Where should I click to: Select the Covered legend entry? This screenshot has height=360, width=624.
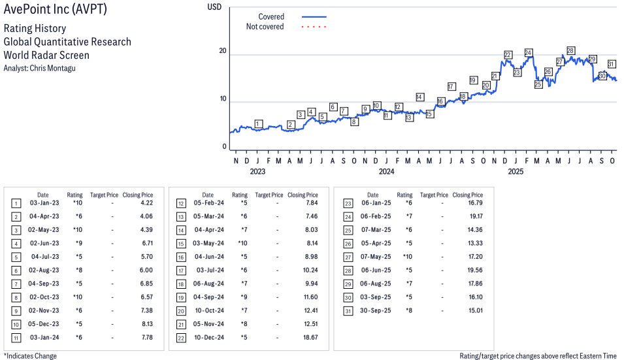tap(271, 16)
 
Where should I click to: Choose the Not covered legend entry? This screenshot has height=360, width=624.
tap(265, 27)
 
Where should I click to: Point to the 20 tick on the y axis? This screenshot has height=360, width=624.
tap(223, 52)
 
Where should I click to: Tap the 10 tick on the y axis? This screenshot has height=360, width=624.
tap(223, 99)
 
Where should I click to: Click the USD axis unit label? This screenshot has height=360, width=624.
tap(214, 7)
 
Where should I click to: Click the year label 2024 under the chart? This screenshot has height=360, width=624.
tap(386, 172)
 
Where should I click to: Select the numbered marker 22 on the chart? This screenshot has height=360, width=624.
tap(508, 55)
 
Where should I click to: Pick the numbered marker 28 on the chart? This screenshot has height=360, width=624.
tap(570, 51)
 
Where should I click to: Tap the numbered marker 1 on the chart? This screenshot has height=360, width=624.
tap(259, 124)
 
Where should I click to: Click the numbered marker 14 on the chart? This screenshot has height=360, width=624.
tap(419, 97)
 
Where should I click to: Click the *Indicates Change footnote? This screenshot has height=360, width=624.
tap(30, 356)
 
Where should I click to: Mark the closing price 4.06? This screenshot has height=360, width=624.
tap(146, 216)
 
